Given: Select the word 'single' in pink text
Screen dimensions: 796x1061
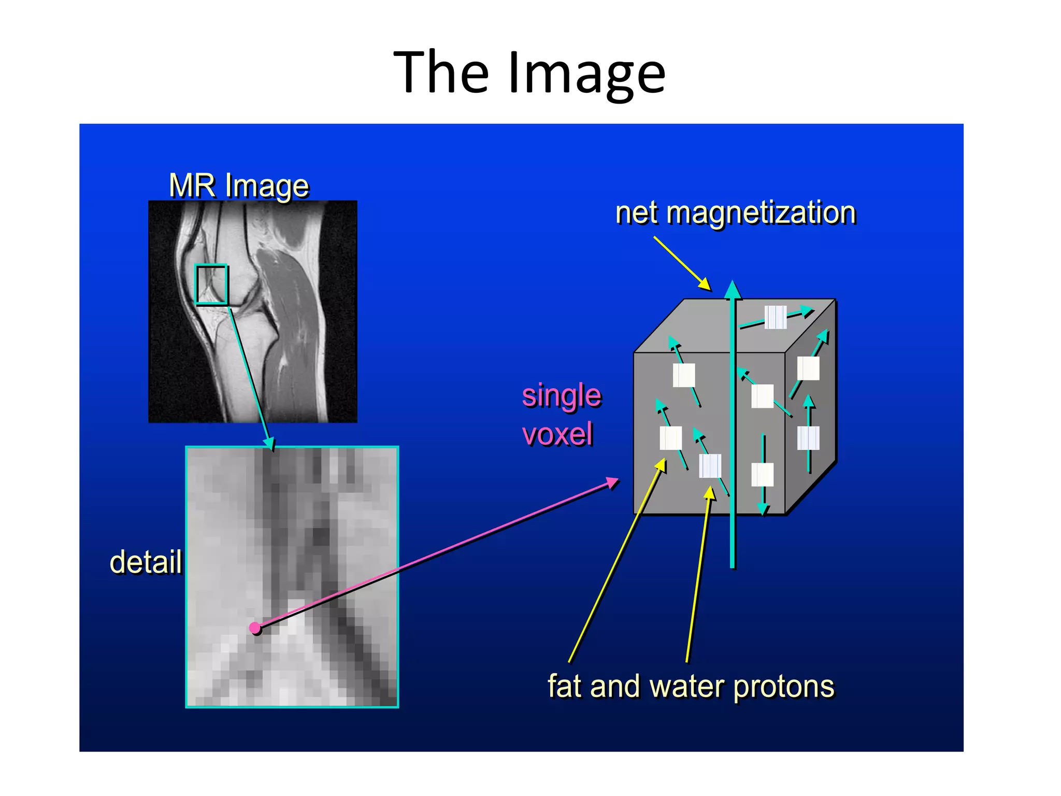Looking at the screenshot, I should click(561, 396).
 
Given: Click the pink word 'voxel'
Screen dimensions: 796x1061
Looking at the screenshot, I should click(557, 434).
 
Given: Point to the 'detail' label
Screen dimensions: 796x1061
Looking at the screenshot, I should click(146, 562).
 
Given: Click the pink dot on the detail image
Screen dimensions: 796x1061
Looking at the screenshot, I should click(255, 628).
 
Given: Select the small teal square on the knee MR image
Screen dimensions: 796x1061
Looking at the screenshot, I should click(211, 284).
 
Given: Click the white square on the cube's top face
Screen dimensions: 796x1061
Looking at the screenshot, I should click(776, 317).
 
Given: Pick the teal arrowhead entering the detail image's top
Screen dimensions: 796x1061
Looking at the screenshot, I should click(269, 443).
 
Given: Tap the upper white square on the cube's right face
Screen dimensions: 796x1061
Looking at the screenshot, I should click(808, 368).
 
